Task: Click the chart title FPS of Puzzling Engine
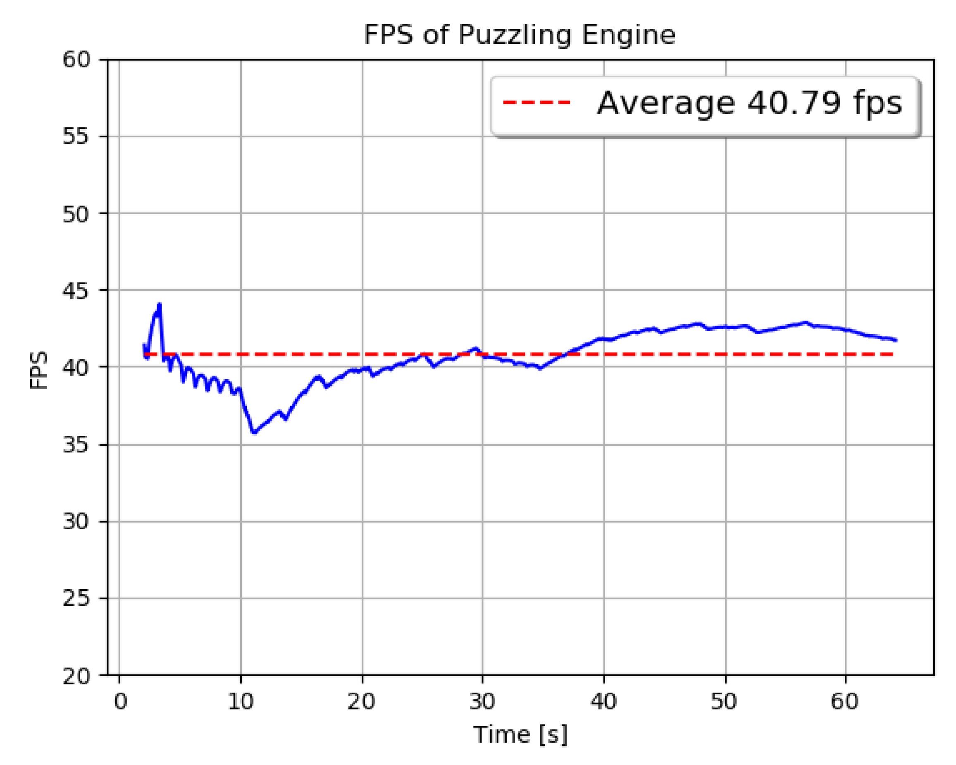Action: click(519, 35)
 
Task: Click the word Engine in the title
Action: click(628, 35)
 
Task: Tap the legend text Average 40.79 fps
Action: click(749, 103)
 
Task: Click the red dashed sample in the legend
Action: click(536, 103)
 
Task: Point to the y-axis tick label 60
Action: click(76, 60)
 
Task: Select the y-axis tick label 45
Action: click(76, 291)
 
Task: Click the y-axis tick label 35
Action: click(76, 445)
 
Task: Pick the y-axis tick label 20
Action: click(76, 676)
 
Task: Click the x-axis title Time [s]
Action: click(520, 735)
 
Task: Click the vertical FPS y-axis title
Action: click(39, 370)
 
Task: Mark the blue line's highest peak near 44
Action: click(160, 305)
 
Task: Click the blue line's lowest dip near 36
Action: click(254, 432)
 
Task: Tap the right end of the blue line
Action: click(896, 340)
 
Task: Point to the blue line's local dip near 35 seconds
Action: click(540, 368)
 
